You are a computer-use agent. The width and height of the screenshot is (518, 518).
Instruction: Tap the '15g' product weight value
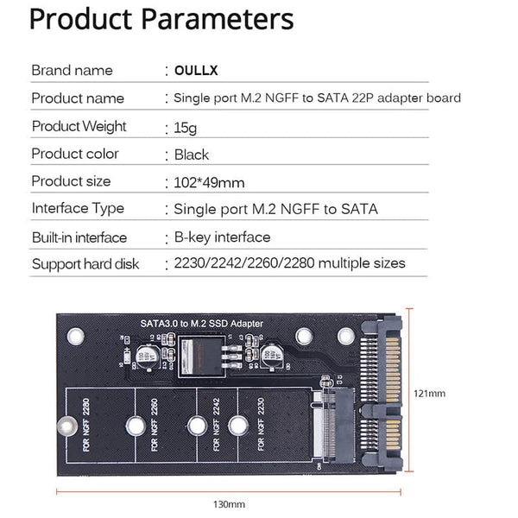186,128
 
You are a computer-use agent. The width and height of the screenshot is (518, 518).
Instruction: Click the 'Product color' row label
75,154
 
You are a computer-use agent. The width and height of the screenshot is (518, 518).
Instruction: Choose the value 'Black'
192,155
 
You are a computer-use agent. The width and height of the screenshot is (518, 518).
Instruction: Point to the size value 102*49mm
209,182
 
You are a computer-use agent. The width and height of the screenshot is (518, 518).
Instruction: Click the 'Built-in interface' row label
79,237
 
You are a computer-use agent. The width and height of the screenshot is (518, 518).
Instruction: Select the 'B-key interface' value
222,237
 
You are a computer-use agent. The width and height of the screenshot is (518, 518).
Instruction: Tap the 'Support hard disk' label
85,263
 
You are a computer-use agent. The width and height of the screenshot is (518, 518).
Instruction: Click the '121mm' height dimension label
428,393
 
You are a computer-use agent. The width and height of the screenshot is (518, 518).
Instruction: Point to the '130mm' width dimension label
230,503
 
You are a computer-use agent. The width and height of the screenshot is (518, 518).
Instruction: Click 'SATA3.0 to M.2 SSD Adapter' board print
201,324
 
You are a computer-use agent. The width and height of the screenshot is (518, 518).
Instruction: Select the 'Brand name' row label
72,70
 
